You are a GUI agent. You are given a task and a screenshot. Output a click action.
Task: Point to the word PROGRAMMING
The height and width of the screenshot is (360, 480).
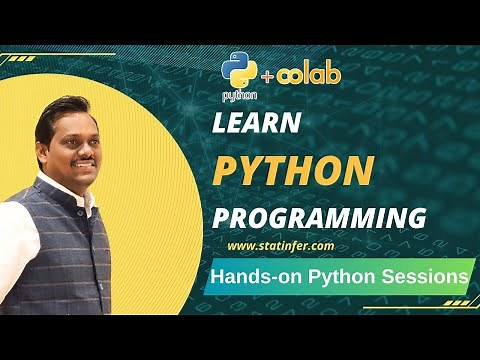click(318, 218)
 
